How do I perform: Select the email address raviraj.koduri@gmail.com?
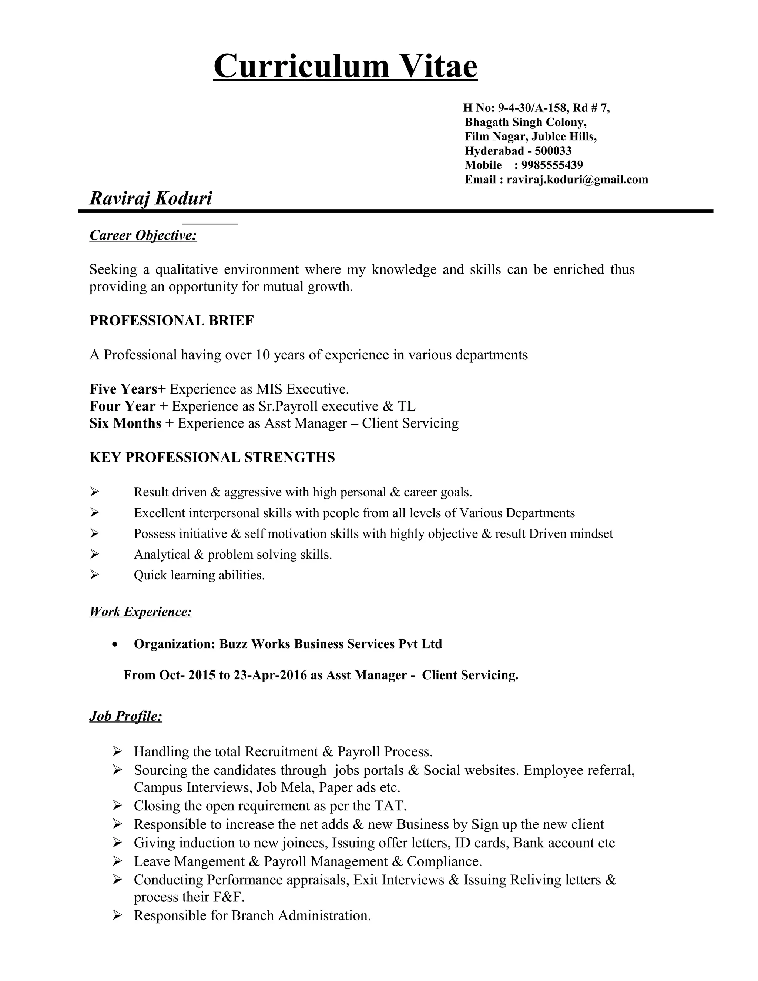click(x=577, y=180)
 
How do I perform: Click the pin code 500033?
click(x=553, y=151)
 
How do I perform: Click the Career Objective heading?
click(x=143, y=235)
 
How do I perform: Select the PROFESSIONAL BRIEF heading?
click(x=171, y=321)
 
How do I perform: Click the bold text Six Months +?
click(x=131, y=423)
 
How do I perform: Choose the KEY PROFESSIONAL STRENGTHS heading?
click(x=212, y=457)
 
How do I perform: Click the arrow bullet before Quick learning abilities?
click(x=94, y=575)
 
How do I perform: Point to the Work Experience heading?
click(x=141, y=611)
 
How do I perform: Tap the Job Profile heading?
click(x=126, y=716)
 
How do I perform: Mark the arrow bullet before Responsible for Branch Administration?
click(x=117, y=915)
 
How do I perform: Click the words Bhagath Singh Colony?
click(x=526, y=122)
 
